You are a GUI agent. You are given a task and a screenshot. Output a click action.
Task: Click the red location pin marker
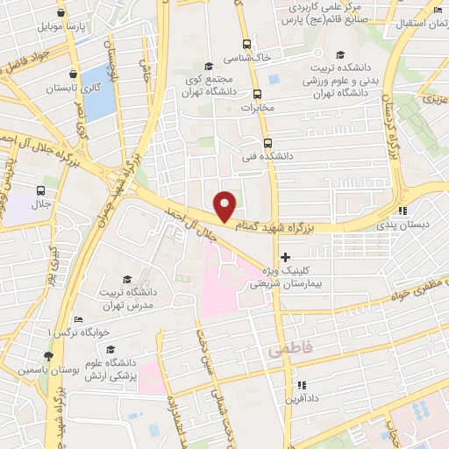pos(225,205)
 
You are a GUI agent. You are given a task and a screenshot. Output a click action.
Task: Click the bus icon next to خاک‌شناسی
pos(247,44)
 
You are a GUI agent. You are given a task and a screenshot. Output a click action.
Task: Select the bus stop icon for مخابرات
pos(258,95)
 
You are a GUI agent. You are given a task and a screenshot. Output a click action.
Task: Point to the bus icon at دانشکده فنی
pos(267,142)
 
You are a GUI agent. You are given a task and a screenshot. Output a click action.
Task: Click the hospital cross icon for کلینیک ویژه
pos(285,256)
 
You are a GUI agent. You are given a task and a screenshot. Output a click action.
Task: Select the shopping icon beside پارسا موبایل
pos(61,13)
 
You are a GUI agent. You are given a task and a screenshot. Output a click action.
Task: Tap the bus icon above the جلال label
pos(41,190)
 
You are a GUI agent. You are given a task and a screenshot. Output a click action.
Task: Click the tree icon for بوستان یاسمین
pos(48,356)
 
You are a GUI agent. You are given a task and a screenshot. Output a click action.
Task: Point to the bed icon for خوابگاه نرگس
pos(78,321)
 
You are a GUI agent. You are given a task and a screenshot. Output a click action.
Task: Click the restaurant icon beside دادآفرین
pos(302,385)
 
